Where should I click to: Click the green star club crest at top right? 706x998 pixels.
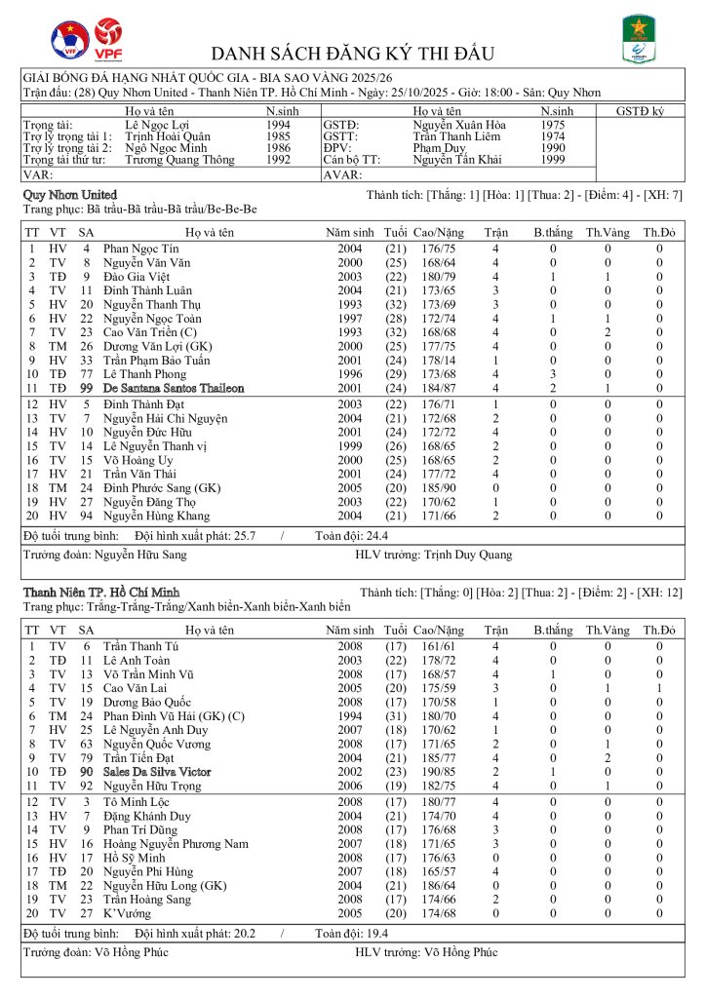(x=639, y=39)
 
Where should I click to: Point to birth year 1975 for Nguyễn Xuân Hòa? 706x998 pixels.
(x=554, y=126)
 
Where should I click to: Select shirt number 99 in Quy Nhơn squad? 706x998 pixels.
(x=86, y=388)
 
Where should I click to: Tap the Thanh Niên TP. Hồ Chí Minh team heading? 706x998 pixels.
(x=100, y=592)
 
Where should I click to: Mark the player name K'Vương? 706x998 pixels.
(x=126, y=914)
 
